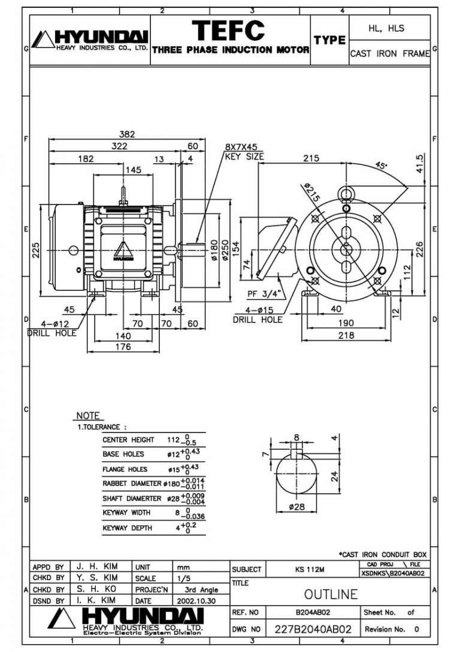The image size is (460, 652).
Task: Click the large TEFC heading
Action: pyautogui.click(x=228, y=30)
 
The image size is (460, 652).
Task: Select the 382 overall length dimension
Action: pyautogui.click(x=127, y=134)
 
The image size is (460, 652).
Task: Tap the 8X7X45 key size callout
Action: pyautogui.click(x=241, y=147)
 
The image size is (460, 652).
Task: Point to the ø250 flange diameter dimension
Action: pyautogui.click(x=225, y=250)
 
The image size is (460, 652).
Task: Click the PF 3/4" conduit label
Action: pyautogui.click(x=265, y=294)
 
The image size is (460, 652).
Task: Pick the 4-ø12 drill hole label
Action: pyautogui.click(x=55, y=324)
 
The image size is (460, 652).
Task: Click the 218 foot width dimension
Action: pyautogui.click(x=346, y=335)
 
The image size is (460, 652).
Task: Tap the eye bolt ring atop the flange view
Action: pyautogui.click(x=346, y=193)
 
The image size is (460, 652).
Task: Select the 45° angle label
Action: pyautogui.click(x=381, y=165)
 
